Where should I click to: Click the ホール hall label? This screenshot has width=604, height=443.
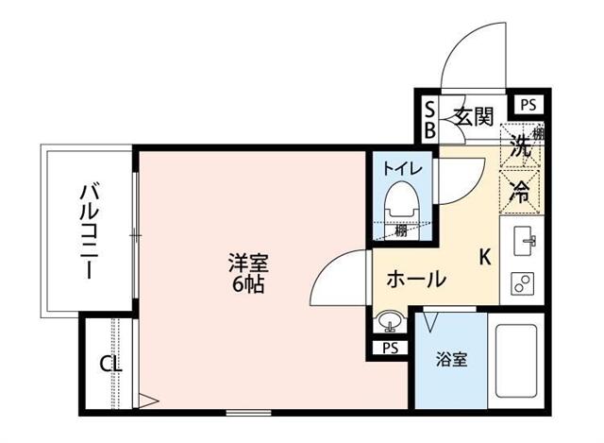tap(416, 280)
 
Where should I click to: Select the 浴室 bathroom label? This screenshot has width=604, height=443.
tap(450, 360)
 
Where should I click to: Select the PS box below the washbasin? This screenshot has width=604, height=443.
tap(390, 348)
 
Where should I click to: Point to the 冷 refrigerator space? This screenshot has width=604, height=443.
tap(520, 190)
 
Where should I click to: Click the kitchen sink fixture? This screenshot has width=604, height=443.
tap(524, 243)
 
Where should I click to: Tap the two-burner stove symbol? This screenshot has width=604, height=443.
tap(523, 282)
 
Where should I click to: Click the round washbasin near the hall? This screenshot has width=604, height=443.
tap(387, 323)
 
